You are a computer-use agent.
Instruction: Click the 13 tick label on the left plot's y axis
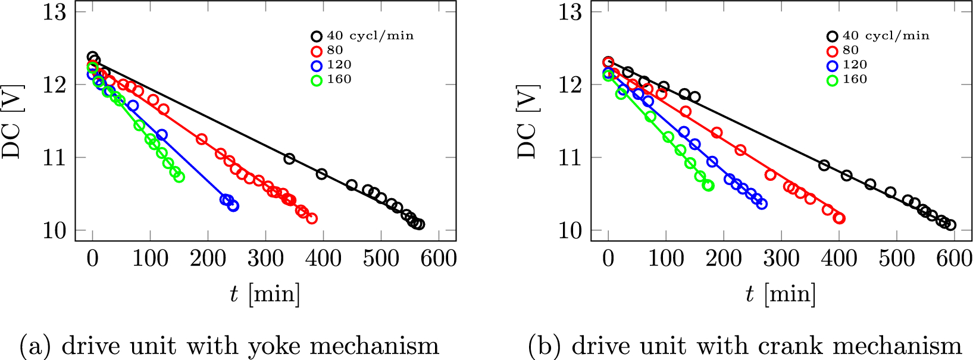pos(55,12)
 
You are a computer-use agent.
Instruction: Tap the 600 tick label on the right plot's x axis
pos(954,259)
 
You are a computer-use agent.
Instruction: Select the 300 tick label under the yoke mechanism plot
pos(265,259)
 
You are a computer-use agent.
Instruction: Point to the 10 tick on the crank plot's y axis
pos(570,230)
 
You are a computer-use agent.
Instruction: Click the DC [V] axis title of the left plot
pos(12,122)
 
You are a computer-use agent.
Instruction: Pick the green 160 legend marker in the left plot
pos(317,80)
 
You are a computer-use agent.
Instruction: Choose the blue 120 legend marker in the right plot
pos(833,65)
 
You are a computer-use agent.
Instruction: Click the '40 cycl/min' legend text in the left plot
pos(370,36)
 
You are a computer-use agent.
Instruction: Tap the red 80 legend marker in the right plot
pos(833,51)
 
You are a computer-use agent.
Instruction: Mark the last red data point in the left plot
pos(312,218)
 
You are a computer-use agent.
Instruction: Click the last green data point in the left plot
pos(179,177)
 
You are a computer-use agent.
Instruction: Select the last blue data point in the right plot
pos(762,204)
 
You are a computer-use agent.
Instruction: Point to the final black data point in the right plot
pos(950,225)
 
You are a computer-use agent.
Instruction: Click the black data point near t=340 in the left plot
pos(289,158)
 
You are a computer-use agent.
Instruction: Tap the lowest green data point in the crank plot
pos(708,186)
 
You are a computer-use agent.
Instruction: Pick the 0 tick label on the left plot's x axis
pos(92,259)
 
